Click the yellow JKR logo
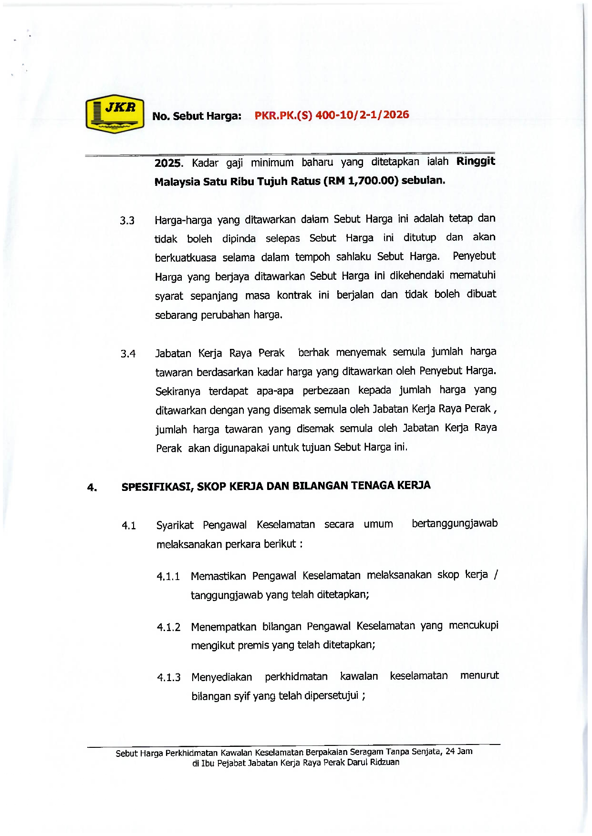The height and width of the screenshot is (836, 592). [x=115, y=113]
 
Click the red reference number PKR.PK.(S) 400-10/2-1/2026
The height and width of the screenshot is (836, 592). [x=332, y=115]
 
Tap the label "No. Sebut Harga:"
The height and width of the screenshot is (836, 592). [x=197, y=116]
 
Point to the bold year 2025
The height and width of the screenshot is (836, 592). [x=168, y=163]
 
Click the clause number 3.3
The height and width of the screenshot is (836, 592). [x=127, y=221]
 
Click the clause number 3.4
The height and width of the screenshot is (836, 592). [x=128, y=354]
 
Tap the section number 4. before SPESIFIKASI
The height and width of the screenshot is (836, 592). [x=92, y=488]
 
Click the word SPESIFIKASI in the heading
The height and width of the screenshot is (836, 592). [x=156, y=487]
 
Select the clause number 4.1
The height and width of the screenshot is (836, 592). [x=129, y=526]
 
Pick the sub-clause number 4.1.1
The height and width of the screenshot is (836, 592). [x=168, y=577]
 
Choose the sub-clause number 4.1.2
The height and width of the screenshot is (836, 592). [x=168, y=627]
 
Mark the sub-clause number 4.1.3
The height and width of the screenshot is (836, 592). [x=168, y=678]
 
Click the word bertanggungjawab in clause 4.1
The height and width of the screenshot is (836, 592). [x=454, y=524]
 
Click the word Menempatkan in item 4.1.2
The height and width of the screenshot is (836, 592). [x=223, y=627]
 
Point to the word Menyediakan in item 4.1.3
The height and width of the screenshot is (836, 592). [x=222, y=677]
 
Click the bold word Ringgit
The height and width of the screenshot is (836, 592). [x=476, y=161]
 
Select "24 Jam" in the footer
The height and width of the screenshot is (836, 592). [x=459, y=752]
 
